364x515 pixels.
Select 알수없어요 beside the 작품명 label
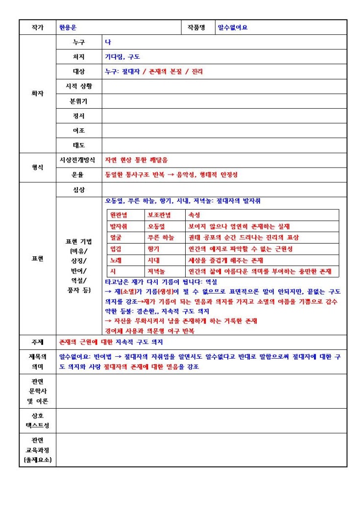(x=233, y=28)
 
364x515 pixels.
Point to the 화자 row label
(x=38, y=94)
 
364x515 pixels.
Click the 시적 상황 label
(x=78, y=87)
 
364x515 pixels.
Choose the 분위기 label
(x=78, y=101)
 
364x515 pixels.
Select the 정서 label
(x=78, y=116)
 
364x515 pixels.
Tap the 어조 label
(x=78, y=131)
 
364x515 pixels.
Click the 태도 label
(x=78, y=146)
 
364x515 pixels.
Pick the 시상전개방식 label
(x=78, y=160)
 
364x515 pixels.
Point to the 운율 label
(x=78, y=175)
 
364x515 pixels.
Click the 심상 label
(x=78, y=190)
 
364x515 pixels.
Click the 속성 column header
(x=194, y=215)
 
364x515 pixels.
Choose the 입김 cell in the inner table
(x=116, y=249)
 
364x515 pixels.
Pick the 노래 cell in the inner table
(x=116, y=260)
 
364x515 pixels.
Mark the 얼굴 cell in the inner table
(x=116, y=238)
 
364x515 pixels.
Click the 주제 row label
(x=38, y=342)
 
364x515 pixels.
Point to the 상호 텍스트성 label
(x=38, y=421)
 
